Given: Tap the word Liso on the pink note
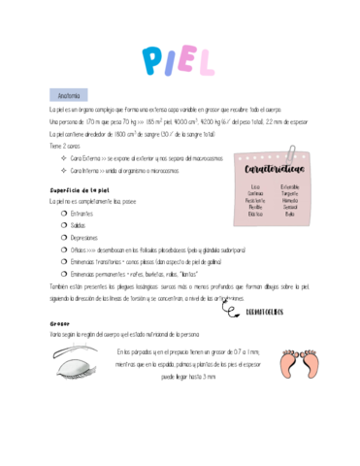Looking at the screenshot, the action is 256,185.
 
